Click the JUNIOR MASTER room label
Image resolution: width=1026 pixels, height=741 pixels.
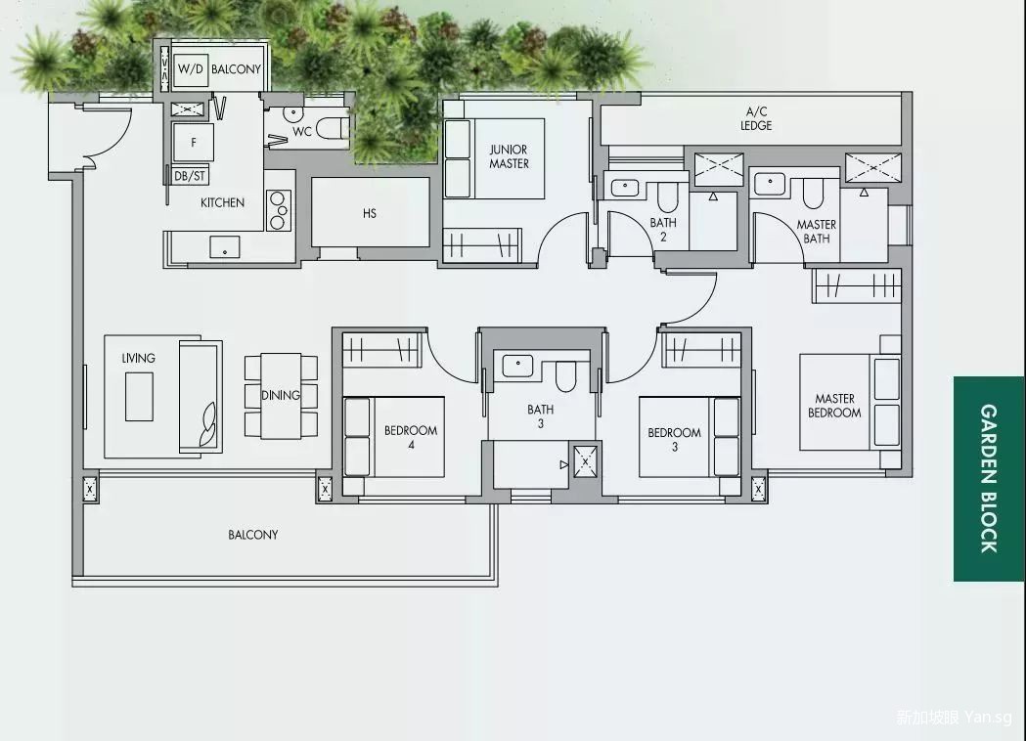pyautogui.click(x=509, y=157)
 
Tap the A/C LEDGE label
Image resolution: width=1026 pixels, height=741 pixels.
pyautogui.click(x=756, y=118)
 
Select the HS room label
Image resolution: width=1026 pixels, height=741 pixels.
pyautogui.click(x=370, y=213)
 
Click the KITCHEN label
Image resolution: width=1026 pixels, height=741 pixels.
pyautogui.click(x=222, y=202)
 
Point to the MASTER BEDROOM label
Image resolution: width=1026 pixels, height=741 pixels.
pyautogui.click(x=834, y=406)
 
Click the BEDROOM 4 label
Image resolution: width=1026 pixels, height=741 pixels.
pyautogui.click(x=411, y=438)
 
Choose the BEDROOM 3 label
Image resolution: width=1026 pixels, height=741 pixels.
pyautogui.click(x=675, y=440)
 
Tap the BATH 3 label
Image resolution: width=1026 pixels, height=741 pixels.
pyautogui.click(x=541, y=416)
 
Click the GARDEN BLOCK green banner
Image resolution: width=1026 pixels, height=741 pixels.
pyautogui.click(x=989, y=479)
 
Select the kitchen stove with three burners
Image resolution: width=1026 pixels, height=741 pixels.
pyautogui.click(x=278, y=210)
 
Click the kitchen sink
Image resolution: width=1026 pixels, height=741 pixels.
pyautogui.click(x=224, y=247)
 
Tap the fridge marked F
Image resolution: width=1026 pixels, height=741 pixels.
pyautogui.click(x=193, y=143)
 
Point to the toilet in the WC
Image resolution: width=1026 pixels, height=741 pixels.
pyautogui.click(x=332, y=128)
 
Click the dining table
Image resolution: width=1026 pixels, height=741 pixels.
pyautogui.click(x=281, y=396)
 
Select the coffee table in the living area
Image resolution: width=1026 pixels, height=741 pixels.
pyautogui.click(x=139, y=397)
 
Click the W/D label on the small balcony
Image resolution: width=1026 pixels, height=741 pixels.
pyautogui.click(x=191, y=68)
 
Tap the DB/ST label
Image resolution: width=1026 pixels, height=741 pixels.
pyautogui.click(x=190, y=176)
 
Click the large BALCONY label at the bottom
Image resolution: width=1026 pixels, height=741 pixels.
pyautogui.click(x=253, y=535)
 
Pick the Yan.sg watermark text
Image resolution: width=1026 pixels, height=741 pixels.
pyautogui.click(x=988, y=718)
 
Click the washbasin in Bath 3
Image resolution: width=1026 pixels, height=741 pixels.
pyautogui.click(x=517, y=365)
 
